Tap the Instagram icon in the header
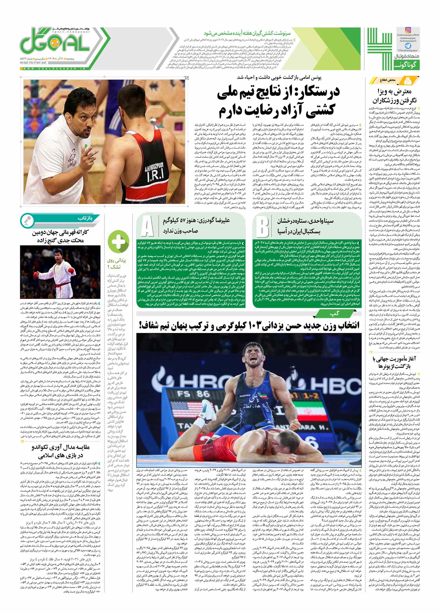tap(408, 30)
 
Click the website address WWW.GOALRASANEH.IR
tap(54, 69)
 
